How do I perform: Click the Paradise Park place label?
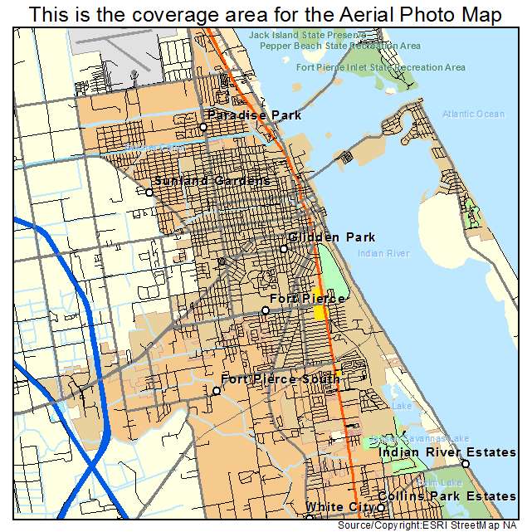(254, 115)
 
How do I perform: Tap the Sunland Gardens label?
(212, 180)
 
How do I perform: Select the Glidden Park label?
(328, 237)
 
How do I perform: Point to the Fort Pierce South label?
(280, 379)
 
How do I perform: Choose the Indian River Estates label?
(447, 452)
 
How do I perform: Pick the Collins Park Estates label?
(447, 496)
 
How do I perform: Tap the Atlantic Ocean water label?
(473, 114)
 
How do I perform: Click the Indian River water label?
(383, 253)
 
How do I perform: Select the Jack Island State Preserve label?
(307, 36)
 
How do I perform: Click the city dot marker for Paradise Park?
(203, 127)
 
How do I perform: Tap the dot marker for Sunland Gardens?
(149, 193)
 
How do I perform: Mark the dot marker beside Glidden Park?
(283, 249)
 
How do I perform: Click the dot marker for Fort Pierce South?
(216, 391)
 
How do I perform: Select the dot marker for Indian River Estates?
(466, 464)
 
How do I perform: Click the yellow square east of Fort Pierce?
(320, 312)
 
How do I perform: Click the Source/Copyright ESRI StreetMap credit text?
(434, 525)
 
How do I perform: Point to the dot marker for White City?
(381, 508)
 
